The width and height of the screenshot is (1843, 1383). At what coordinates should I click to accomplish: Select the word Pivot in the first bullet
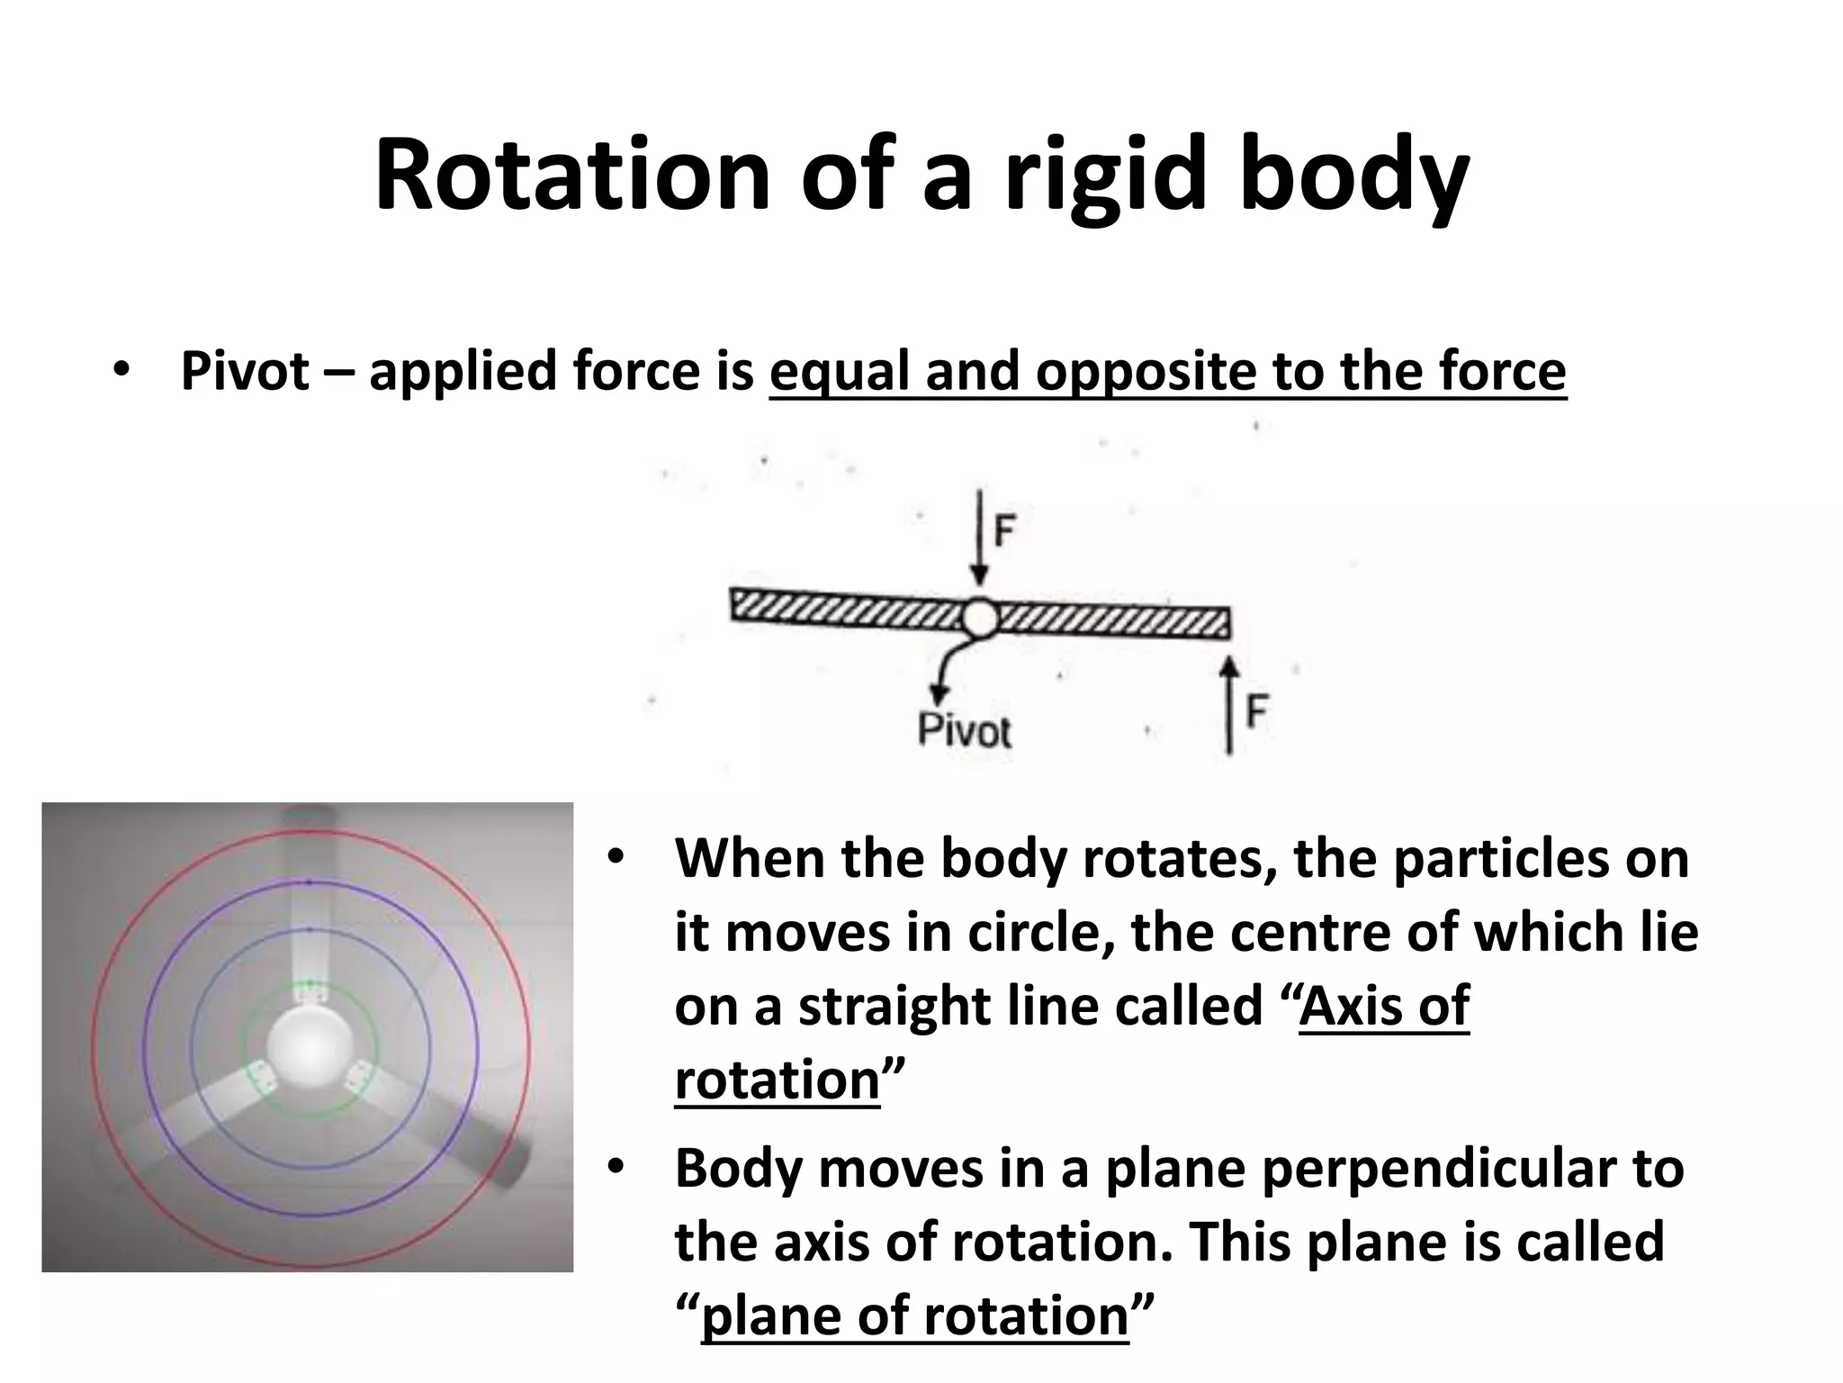pos(245,371)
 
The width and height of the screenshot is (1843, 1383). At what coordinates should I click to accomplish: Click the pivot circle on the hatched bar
pos(979,619)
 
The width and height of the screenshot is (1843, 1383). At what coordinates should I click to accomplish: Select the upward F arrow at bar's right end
pos(1229,702)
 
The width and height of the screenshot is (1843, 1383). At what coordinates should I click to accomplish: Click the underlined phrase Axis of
pos(1383,1006)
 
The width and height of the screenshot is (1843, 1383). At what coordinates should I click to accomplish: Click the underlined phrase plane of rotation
pos(914,1315)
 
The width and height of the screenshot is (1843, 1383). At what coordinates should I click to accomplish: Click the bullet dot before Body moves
pos(616,1168)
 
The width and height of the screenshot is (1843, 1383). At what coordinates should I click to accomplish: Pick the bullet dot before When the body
pos(616,857)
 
